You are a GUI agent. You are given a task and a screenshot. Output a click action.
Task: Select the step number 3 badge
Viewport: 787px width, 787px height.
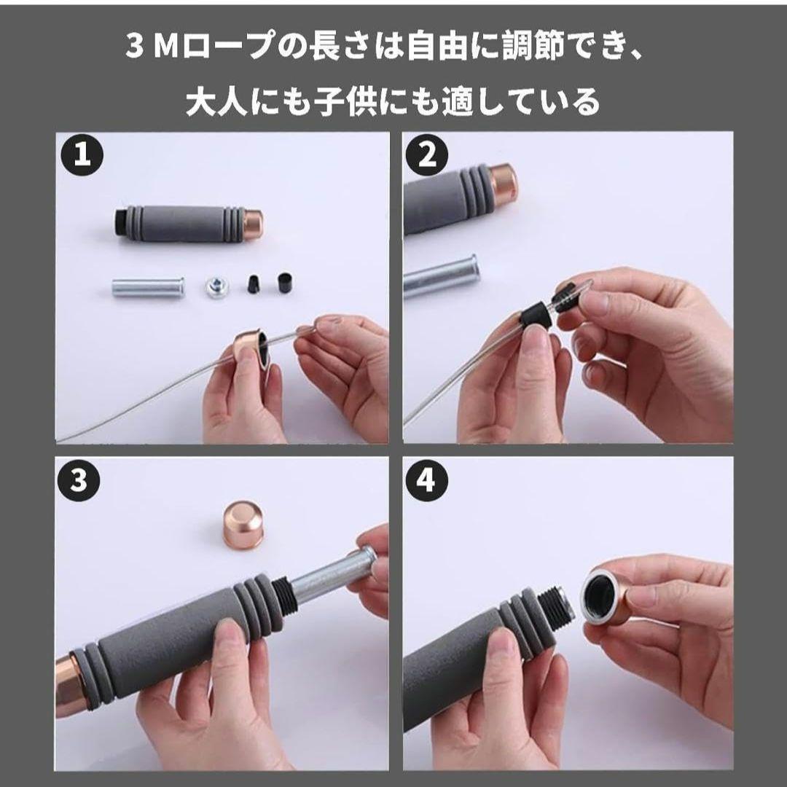click(79, 479)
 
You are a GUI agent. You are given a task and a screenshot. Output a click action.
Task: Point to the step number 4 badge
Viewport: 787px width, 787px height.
click(426, 481)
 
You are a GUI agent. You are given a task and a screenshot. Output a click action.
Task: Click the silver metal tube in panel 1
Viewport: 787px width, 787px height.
click(147, 288)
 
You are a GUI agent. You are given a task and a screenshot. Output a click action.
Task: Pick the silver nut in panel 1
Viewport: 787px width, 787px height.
click(217, 286)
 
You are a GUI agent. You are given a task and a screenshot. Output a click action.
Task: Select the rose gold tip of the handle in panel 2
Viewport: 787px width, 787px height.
click(502, 183)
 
